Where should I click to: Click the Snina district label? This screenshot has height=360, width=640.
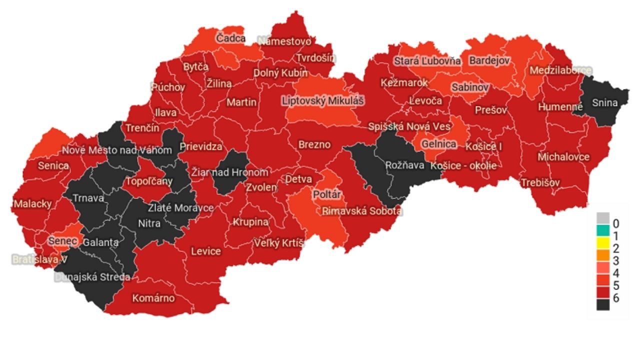[604, 103]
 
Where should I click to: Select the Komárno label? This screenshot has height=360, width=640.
[153, 298]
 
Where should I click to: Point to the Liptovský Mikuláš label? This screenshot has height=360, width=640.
[323, 101]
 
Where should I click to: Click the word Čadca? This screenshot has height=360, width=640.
[230, 38]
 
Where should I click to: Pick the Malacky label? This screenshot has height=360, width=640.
[32, 204]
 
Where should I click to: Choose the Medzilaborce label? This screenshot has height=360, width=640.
[560, 70]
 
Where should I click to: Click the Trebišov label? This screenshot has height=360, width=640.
[540, 182]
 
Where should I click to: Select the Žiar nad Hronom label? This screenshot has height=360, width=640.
[230, 172]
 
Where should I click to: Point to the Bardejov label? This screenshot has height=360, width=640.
[488, 60]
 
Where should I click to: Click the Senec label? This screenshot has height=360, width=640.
[63, 241]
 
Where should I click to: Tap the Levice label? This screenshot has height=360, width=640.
[205, 251]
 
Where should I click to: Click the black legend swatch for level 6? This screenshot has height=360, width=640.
[603, 303]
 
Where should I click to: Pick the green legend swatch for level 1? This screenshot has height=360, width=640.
[603, 232]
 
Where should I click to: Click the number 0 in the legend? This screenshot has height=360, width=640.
[616, 222]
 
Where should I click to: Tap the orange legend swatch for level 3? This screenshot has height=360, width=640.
[603, 261]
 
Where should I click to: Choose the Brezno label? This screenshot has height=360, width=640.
[314, 145]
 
